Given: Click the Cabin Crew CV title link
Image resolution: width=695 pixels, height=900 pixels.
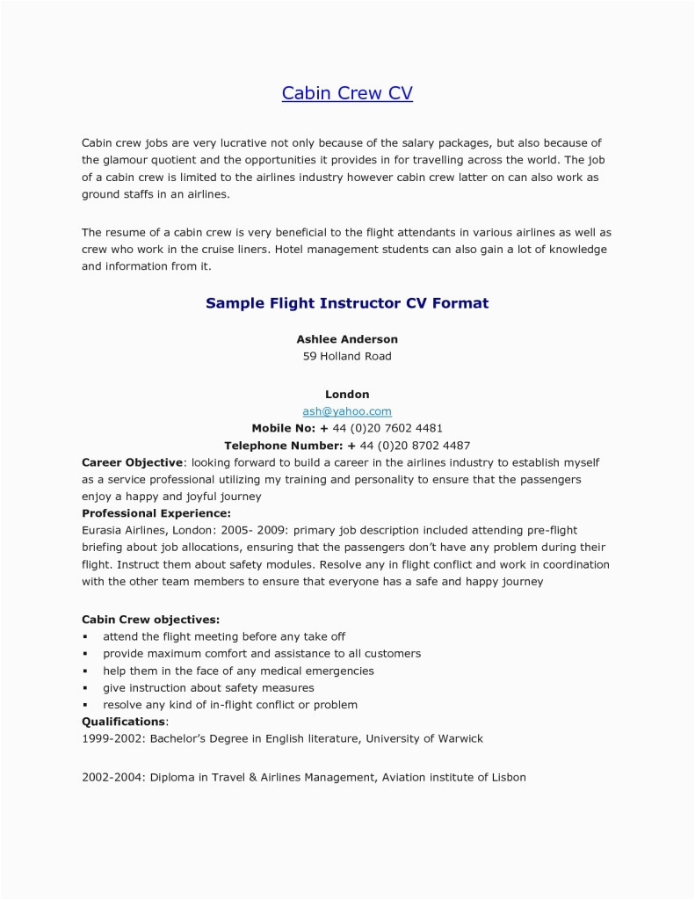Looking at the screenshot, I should (x=347, y=93).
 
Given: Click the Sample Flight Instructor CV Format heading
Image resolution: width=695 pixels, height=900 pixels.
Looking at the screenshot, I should (x=347, y=303).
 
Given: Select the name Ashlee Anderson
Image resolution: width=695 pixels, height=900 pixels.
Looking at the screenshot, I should (x=347, y=338).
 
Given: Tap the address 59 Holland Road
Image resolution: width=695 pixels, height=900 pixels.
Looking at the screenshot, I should (x=347, y=356).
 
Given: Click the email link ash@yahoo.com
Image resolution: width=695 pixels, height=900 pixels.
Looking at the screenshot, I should (x=347, y=410).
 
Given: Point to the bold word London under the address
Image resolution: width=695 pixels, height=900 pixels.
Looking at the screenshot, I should (x=347, y=395).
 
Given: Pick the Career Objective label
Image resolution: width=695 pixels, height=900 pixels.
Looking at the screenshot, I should (x=133, y=462).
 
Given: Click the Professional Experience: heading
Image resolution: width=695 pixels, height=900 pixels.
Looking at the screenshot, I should (x=156, y=513).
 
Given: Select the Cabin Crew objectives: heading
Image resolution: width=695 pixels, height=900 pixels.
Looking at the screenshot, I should (x=151, y=620).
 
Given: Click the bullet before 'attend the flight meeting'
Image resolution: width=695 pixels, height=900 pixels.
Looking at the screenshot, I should (x=85, y=636).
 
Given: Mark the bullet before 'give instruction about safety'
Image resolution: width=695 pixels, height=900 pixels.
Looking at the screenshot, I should (x=85, y=688).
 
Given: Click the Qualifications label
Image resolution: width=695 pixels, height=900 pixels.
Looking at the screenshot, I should (x=123, y=722).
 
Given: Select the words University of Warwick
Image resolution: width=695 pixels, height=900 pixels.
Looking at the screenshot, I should (x=424, y=738).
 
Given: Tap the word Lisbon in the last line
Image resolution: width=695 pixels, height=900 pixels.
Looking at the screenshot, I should (x=506, y=778).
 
